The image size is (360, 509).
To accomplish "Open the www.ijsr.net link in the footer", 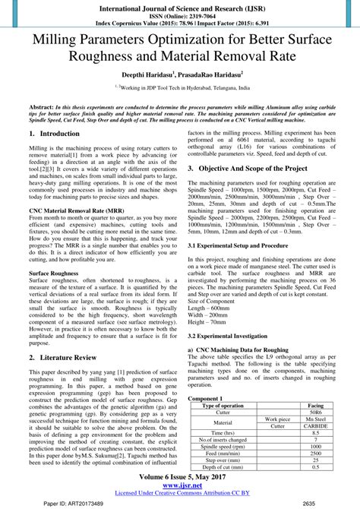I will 180,486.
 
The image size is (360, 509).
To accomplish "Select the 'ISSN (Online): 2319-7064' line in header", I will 180,13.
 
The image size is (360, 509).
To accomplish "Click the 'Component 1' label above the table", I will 205,399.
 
